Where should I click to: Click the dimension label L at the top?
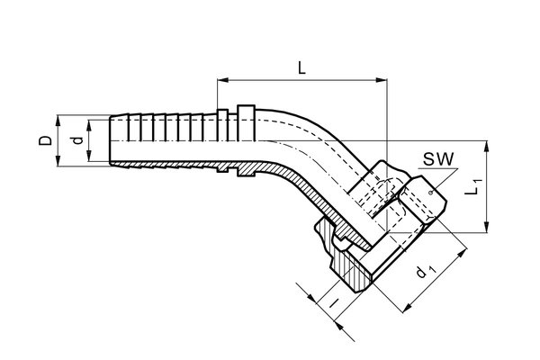click(301, 67)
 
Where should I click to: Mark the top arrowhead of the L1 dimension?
click(486, 147)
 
